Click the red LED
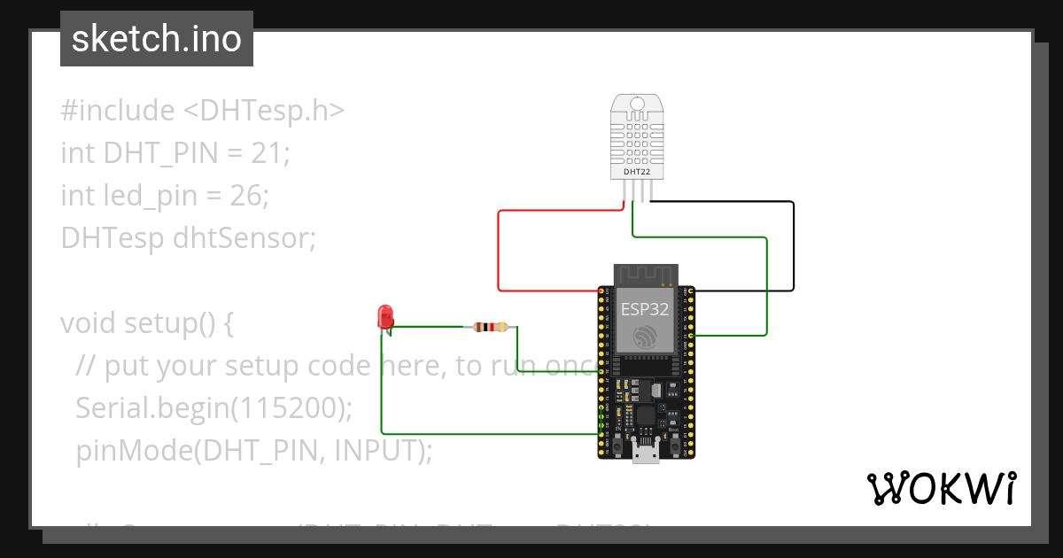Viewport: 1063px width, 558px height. (385, 316)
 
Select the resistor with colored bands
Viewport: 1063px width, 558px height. (491, 327)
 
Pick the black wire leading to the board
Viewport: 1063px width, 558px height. (793, 248)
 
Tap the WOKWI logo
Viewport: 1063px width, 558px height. (941, 489)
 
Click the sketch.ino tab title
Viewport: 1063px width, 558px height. (156, 39)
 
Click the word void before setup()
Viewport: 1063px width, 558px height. (89, 323)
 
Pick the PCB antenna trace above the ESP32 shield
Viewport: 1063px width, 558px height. (646, 275)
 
